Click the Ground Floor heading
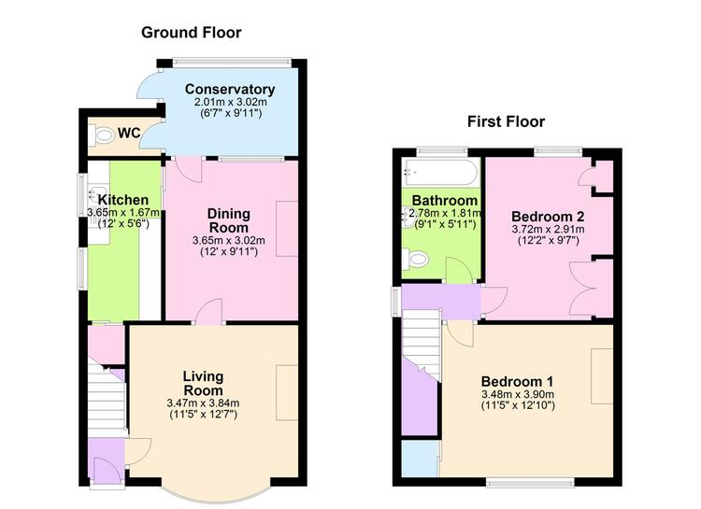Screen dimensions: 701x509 [192, 33]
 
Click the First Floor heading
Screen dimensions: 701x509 [506, 121]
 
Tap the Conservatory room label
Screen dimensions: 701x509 [230, 90]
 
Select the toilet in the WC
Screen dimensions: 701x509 [100, 135]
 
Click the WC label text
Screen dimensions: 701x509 [129, 134]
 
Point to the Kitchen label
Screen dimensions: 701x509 [123, 200]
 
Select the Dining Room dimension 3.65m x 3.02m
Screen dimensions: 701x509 [228, 240]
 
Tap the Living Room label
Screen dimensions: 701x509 [203, 383]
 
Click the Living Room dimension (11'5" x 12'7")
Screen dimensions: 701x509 [204, 415]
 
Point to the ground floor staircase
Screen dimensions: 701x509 [106, 397]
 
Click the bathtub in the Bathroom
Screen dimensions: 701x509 [440, 172]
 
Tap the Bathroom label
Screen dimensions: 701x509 [445, 201]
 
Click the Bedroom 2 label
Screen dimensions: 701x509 [548, 217]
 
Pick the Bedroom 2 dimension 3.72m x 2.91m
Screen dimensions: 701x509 [548, 230]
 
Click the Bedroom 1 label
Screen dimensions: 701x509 [517, 382]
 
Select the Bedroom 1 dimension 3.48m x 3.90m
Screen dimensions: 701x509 [518, 395]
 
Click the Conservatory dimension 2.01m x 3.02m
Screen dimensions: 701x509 [230, 102]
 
